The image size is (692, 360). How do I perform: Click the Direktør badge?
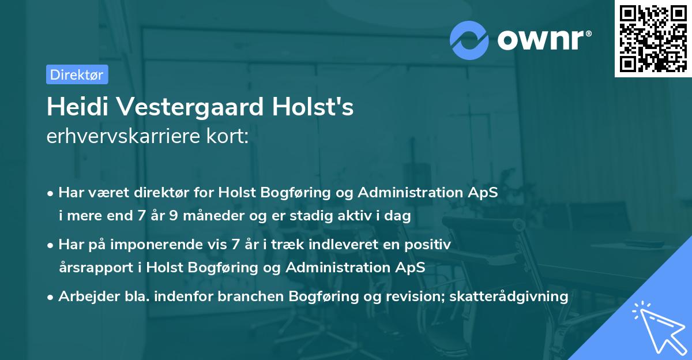click(77, 74)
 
